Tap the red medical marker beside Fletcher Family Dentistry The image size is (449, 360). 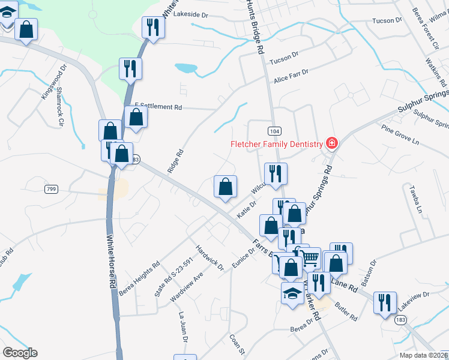(x=331, y=143)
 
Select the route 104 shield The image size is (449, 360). (x=271, y=130)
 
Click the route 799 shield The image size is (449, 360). (x=51, y=189)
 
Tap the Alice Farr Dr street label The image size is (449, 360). (x=291, y=75)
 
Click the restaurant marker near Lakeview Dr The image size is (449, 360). (x=384, y=302)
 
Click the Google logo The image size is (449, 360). (x=20, y=352)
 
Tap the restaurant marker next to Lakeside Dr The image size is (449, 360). (x=152, y=27)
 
